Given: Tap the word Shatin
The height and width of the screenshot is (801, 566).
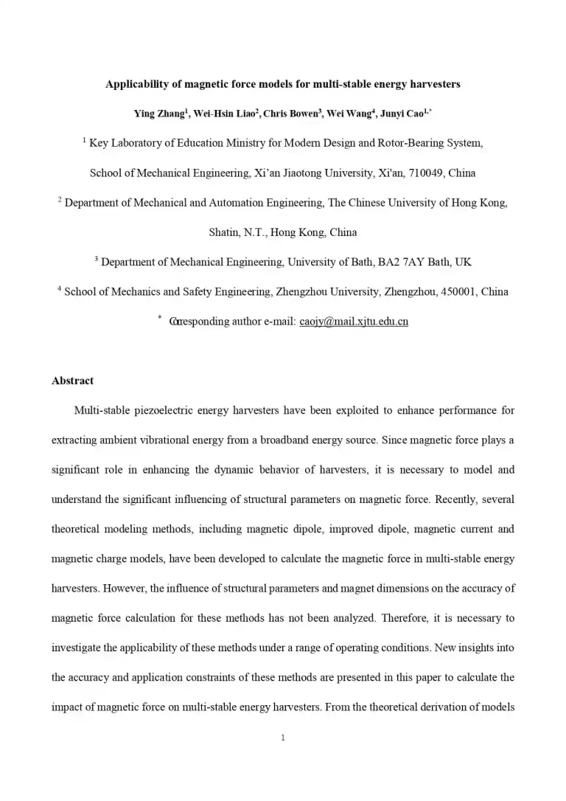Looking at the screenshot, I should [223, 232].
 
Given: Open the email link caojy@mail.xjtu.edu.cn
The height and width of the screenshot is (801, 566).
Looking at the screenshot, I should [354, 322].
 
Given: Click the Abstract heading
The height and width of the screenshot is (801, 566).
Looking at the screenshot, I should [72, 381].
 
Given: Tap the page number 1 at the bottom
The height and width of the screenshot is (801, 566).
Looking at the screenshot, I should [283, 738].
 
